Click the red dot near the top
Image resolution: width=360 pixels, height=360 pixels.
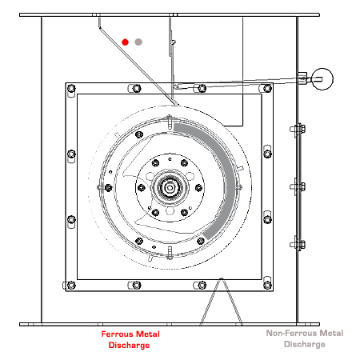point(125,42)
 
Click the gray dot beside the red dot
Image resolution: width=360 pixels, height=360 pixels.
point(138,42)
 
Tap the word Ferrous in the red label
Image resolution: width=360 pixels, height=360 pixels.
point(117,334)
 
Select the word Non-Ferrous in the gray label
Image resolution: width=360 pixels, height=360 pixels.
point(292,333)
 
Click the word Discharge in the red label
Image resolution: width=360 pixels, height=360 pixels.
point(129,345)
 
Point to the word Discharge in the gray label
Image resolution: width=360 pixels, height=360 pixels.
point(305,344)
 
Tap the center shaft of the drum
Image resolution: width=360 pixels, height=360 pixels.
point(170,188)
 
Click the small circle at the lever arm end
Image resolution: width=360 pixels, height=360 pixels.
point(322,79)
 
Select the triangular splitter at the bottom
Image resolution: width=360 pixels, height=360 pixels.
point(221,302)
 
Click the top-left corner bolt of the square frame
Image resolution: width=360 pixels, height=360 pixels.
point(71,88)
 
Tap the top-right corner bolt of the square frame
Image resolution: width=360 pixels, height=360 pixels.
point(267,88)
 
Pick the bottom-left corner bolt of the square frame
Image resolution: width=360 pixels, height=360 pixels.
point(71,286)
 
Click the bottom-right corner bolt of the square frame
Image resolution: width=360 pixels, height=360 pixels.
point(267,286)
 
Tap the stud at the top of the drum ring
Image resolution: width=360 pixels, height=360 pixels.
point(170,122)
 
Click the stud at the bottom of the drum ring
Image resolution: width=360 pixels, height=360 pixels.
point(170,253)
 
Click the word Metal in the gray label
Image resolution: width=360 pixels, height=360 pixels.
point(331,333)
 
